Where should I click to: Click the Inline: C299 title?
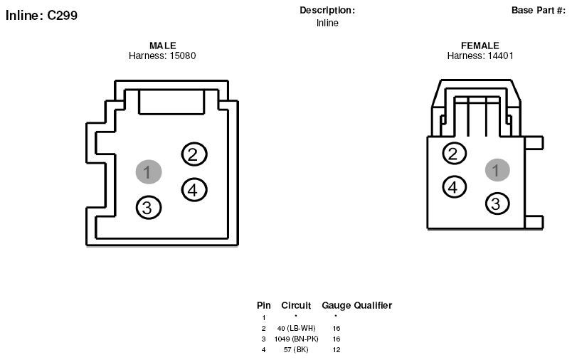click(x=41, y=16)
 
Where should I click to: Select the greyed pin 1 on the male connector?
click(x=149, y=171)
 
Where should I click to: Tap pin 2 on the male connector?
click(x=194, y=154)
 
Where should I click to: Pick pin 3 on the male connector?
click(x=149, y=208)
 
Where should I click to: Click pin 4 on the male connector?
click(x=194, y=190)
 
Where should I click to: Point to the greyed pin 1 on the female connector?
click(x=497, y=170)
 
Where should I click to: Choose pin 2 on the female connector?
click(x=454, y=154)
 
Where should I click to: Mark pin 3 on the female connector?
click(x=497, y=203)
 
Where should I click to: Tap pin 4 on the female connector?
click(x=454, y=187)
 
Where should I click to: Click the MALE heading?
click(x=163, y=46)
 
